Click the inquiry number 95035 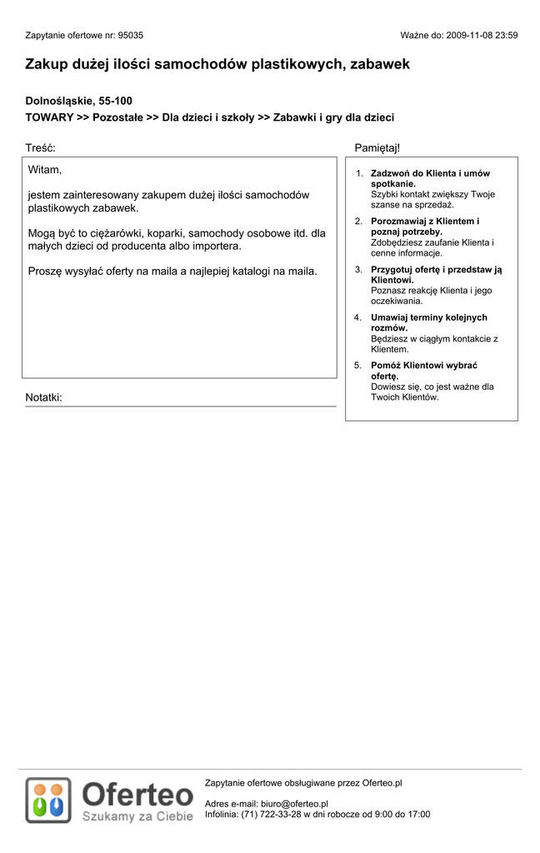[x=131, y=36]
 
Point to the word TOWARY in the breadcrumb [x=49, y=117]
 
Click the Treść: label [x=40, y=147]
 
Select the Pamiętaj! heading [x=377, y=147]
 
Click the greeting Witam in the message [x=44, y=170]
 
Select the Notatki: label [x=43, y=397]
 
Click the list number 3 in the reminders [x=357, y=270]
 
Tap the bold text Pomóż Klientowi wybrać [x=424, y=366]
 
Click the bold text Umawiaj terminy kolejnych [x=428, y=317]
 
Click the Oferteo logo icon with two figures [x=48, y=800]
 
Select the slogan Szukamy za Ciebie [x=137, y=816]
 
